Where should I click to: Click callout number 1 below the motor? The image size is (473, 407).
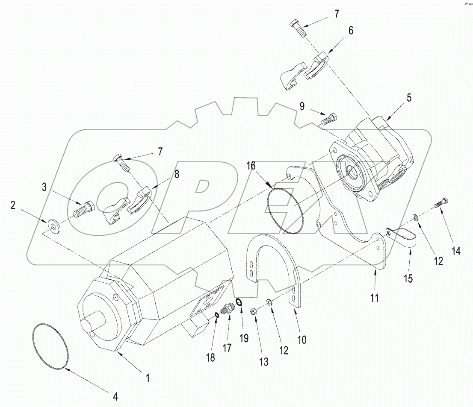[x=148, y=378]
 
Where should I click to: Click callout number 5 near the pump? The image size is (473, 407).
[x=409, y=98]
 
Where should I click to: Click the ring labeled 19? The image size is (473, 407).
[x=239, y=302]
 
